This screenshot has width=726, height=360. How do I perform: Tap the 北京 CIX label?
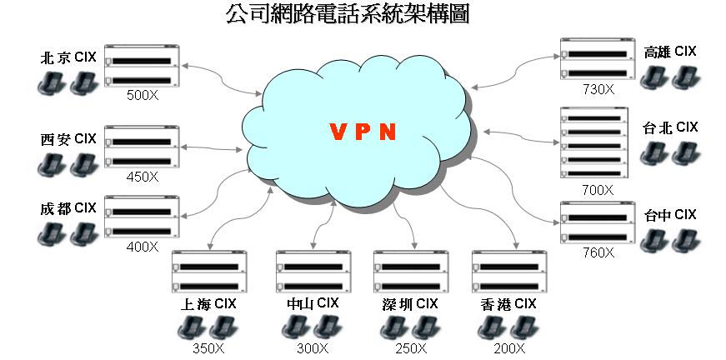pyautogui.click(x=68, y=58)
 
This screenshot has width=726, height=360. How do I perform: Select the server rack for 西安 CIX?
pyautogui.click(x=142, y=147)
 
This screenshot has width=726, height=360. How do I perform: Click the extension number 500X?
pyautogui.click(x=142, y=95)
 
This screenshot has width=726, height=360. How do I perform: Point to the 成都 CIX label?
pyautogui.click(x=68, y=207)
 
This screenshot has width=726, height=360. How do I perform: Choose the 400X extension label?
pyautogui.click(x=142, y=247)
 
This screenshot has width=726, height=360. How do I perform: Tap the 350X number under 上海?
pyautogui.click(x=208, y=348)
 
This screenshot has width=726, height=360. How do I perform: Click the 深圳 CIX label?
pyautogui.click(x=410, y=302)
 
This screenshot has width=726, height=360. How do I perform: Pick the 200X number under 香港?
pyautogui.click(x=508, y=348)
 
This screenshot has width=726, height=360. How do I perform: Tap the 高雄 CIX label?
pyautogui.click(x=669, y=52)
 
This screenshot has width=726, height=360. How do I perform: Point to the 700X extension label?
pyautogui.click(x=597, y=190)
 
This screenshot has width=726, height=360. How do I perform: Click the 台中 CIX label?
pyautogui.click(x=669, y=215)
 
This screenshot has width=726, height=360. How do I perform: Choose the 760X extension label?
pyautogui.click(x=597, y=252)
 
